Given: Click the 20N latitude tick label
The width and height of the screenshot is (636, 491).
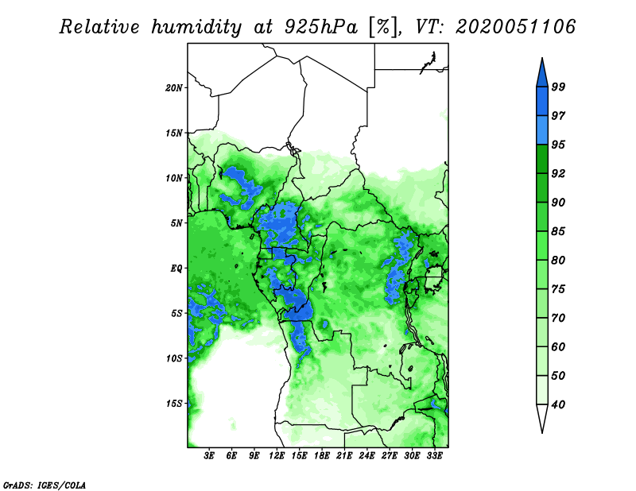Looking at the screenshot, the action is pyautogui.click(x=174, y=88).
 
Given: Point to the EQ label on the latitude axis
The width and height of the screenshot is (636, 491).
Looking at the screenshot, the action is pyautogui.click(x=176, y=269).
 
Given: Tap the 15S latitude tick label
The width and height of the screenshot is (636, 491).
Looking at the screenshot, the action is pyautogui.click(x=174, y=404).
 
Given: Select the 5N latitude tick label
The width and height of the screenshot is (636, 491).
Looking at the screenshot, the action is pyautogui.click(x=176, y=223).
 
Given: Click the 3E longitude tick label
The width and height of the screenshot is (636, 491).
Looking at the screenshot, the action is pyautogui.click(x=209, y=456).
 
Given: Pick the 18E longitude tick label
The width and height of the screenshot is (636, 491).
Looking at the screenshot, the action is pyautogui.click(x=322, y=456).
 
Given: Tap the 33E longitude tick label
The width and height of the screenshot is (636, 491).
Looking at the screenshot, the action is pyautogui.click(x=434, y=456).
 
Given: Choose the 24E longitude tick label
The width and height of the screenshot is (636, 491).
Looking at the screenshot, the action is pyautogui.click(x=366, y=456).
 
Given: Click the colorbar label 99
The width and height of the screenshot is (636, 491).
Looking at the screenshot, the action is pyautogui.click(x=558, y=87).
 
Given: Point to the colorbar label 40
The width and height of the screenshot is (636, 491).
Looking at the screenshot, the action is pyautogui.click(x=558, y=404).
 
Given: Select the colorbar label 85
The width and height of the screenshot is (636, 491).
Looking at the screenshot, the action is pyautogui.click(x=558, y=231).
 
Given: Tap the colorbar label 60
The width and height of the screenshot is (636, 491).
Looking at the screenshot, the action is pyautogui.click(x=558, y=346).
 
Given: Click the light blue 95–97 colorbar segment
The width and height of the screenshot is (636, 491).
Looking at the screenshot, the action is pyautogui.click(x=542, y=130).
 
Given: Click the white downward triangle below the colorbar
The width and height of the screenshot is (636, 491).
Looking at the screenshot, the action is pyautogui.click(x=542, y=418).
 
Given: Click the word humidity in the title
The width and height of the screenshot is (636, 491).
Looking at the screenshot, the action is pyautogui.click(x=196, y=28).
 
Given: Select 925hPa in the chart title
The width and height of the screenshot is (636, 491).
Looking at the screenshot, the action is pyautogui.click(x=321, y=28).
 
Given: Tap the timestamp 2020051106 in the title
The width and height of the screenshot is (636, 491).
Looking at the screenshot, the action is pyautogui.click(x=515, y=27).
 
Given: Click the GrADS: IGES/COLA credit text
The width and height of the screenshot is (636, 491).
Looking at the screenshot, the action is pyautogui.click(x=45, y=485).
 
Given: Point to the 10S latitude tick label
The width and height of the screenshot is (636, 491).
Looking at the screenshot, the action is pyautogui.click(x=174, y=358).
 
